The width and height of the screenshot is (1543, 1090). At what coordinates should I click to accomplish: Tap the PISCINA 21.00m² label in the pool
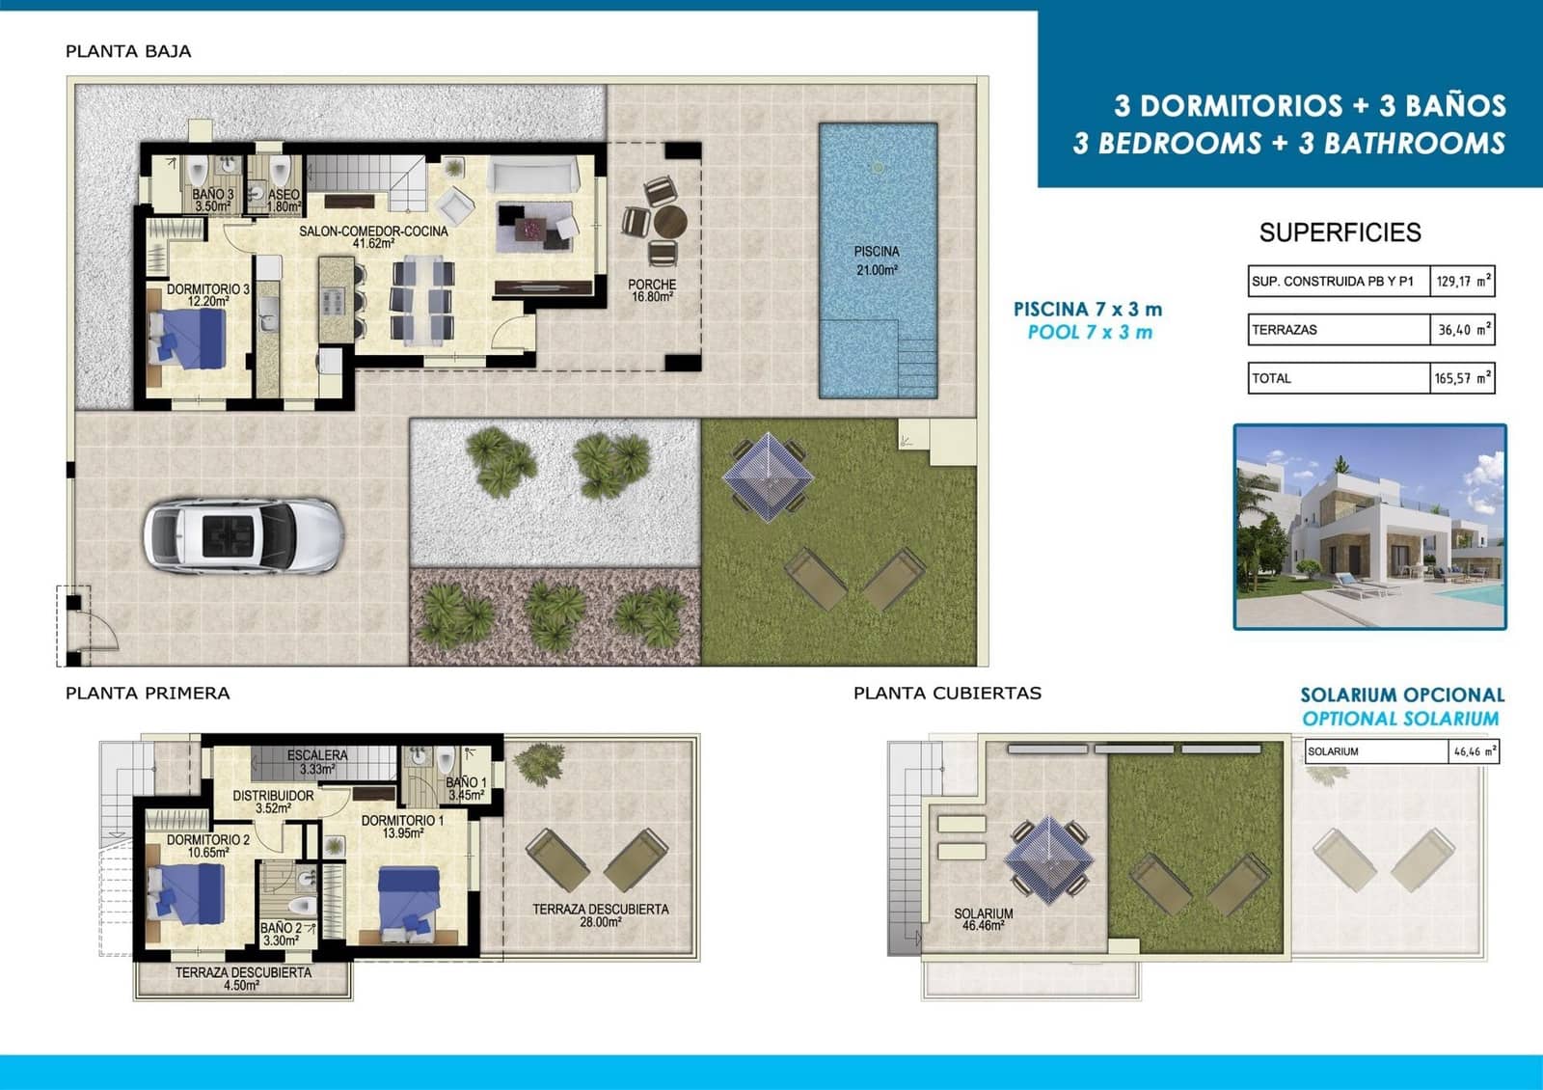coord(877,260)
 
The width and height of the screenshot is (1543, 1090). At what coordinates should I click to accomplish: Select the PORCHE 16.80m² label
coord(652,290)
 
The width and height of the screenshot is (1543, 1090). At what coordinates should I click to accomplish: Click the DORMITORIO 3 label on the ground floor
coord(207,295)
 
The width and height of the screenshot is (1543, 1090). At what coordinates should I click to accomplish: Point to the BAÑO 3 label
coord(213,200)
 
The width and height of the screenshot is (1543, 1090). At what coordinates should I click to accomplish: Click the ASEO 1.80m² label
coord(284,200)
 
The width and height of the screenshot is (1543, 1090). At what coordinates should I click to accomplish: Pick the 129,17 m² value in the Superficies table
coord(1462,282)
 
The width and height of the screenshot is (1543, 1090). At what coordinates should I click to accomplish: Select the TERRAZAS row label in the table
coord(1285,330)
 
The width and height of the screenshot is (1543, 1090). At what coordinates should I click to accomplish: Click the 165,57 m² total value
coord(1462,378)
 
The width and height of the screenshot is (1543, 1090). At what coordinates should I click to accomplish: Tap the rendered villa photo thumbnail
coord(1369,527)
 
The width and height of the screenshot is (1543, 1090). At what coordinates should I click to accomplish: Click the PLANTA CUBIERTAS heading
coord(947,693)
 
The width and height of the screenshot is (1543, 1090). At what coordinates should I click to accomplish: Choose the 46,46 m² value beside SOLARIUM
coord(1474,751)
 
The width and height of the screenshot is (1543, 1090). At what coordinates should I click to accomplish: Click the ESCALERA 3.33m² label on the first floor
coord(316,762)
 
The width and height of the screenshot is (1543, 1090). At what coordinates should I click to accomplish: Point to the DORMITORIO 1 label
coord(402,827)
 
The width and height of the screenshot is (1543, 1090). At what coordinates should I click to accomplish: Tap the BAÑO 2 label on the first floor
coord(281,934)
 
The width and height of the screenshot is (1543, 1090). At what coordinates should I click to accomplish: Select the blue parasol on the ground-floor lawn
coord(768,477)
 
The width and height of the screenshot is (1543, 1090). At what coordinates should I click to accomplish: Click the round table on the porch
coord(669,222)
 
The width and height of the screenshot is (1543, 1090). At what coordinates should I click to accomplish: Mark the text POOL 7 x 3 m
coord(1090,333)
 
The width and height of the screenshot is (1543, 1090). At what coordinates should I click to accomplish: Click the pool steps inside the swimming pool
coord(916,367)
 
